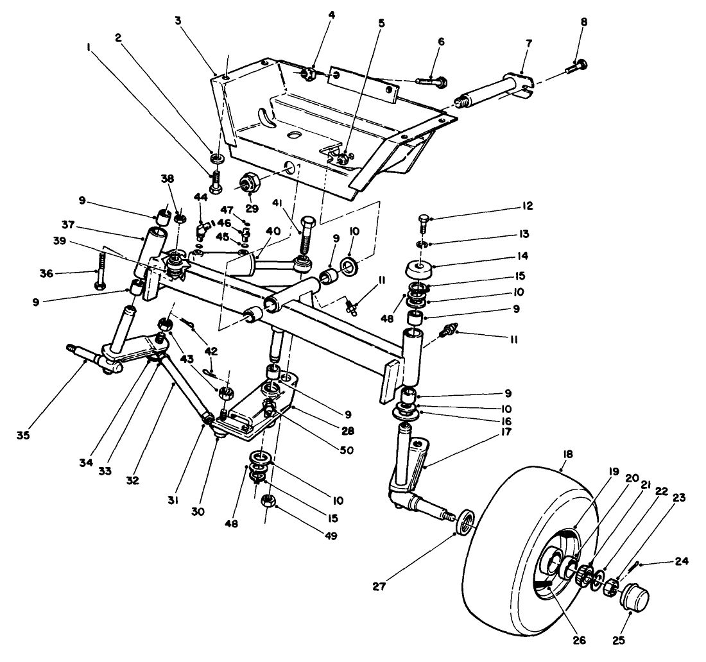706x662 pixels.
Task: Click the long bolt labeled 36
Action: tap(99, 269)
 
